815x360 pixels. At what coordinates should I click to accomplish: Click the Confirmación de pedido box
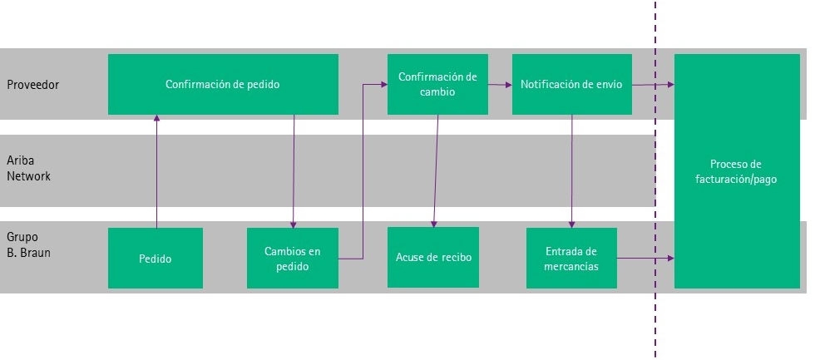pyautogui.click(x=223, y=84)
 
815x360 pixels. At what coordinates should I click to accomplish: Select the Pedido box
pyautogui.click(x=156, y=259)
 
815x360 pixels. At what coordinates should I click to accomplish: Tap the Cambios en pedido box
pyautogui.click(x=293, y=259)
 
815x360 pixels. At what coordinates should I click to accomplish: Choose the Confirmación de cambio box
pyautogui.click(x=437, y=84)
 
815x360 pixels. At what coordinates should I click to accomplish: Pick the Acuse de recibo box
pyautogui.click(x=433, y=257)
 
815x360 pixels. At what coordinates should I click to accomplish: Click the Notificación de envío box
pyautogui.click(x=572, y=84)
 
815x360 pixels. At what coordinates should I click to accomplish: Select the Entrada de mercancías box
pyautogui.click(x=572, y=259)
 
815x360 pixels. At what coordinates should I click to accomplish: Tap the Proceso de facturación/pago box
pyautogui.click(x=737, y=171)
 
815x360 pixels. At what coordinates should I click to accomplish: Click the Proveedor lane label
pyautogui.click(x=32, y=85)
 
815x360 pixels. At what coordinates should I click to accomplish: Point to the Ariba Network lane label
pyautogui.click(x=28, y=168)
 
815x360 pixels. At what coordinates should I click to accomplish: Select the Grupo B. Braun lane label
pyautogui.click(x=28, y=245)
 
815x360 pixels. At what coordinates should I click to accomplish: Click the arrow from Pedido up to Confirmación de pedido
pyautogui.click(x=156, y=171)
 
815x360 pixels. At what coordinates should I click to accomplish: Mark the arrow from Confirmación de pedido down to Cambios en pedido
pyautogui.click(x=294, y=171)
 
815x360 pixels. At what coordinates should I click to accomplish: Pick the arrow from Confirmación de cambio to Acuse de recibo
pyautogui.click(x=436, y=170)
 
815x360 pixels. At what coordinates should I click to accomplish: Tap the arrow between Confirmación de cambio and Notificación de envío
pyautogui.click(x=500, y=85)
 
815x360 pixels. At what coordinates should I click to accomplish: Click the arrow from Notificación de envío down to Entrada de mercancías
pyautogui.click(x=572, y=171)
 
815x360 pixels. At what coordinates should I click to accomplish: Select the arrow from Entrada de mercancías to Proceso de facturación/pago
pyautogui.click(x=645, y=258)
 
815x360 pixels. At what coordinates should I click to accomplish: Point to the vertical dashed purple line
pyautogui.click(x=655, y=180)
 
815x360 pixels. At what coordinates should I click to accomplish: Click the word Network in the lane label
pyautogui.click(x=28, y=176)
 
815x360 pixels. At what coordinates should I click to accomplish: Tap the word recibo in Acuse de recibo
pyautogui.click(x=457, y=257)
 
